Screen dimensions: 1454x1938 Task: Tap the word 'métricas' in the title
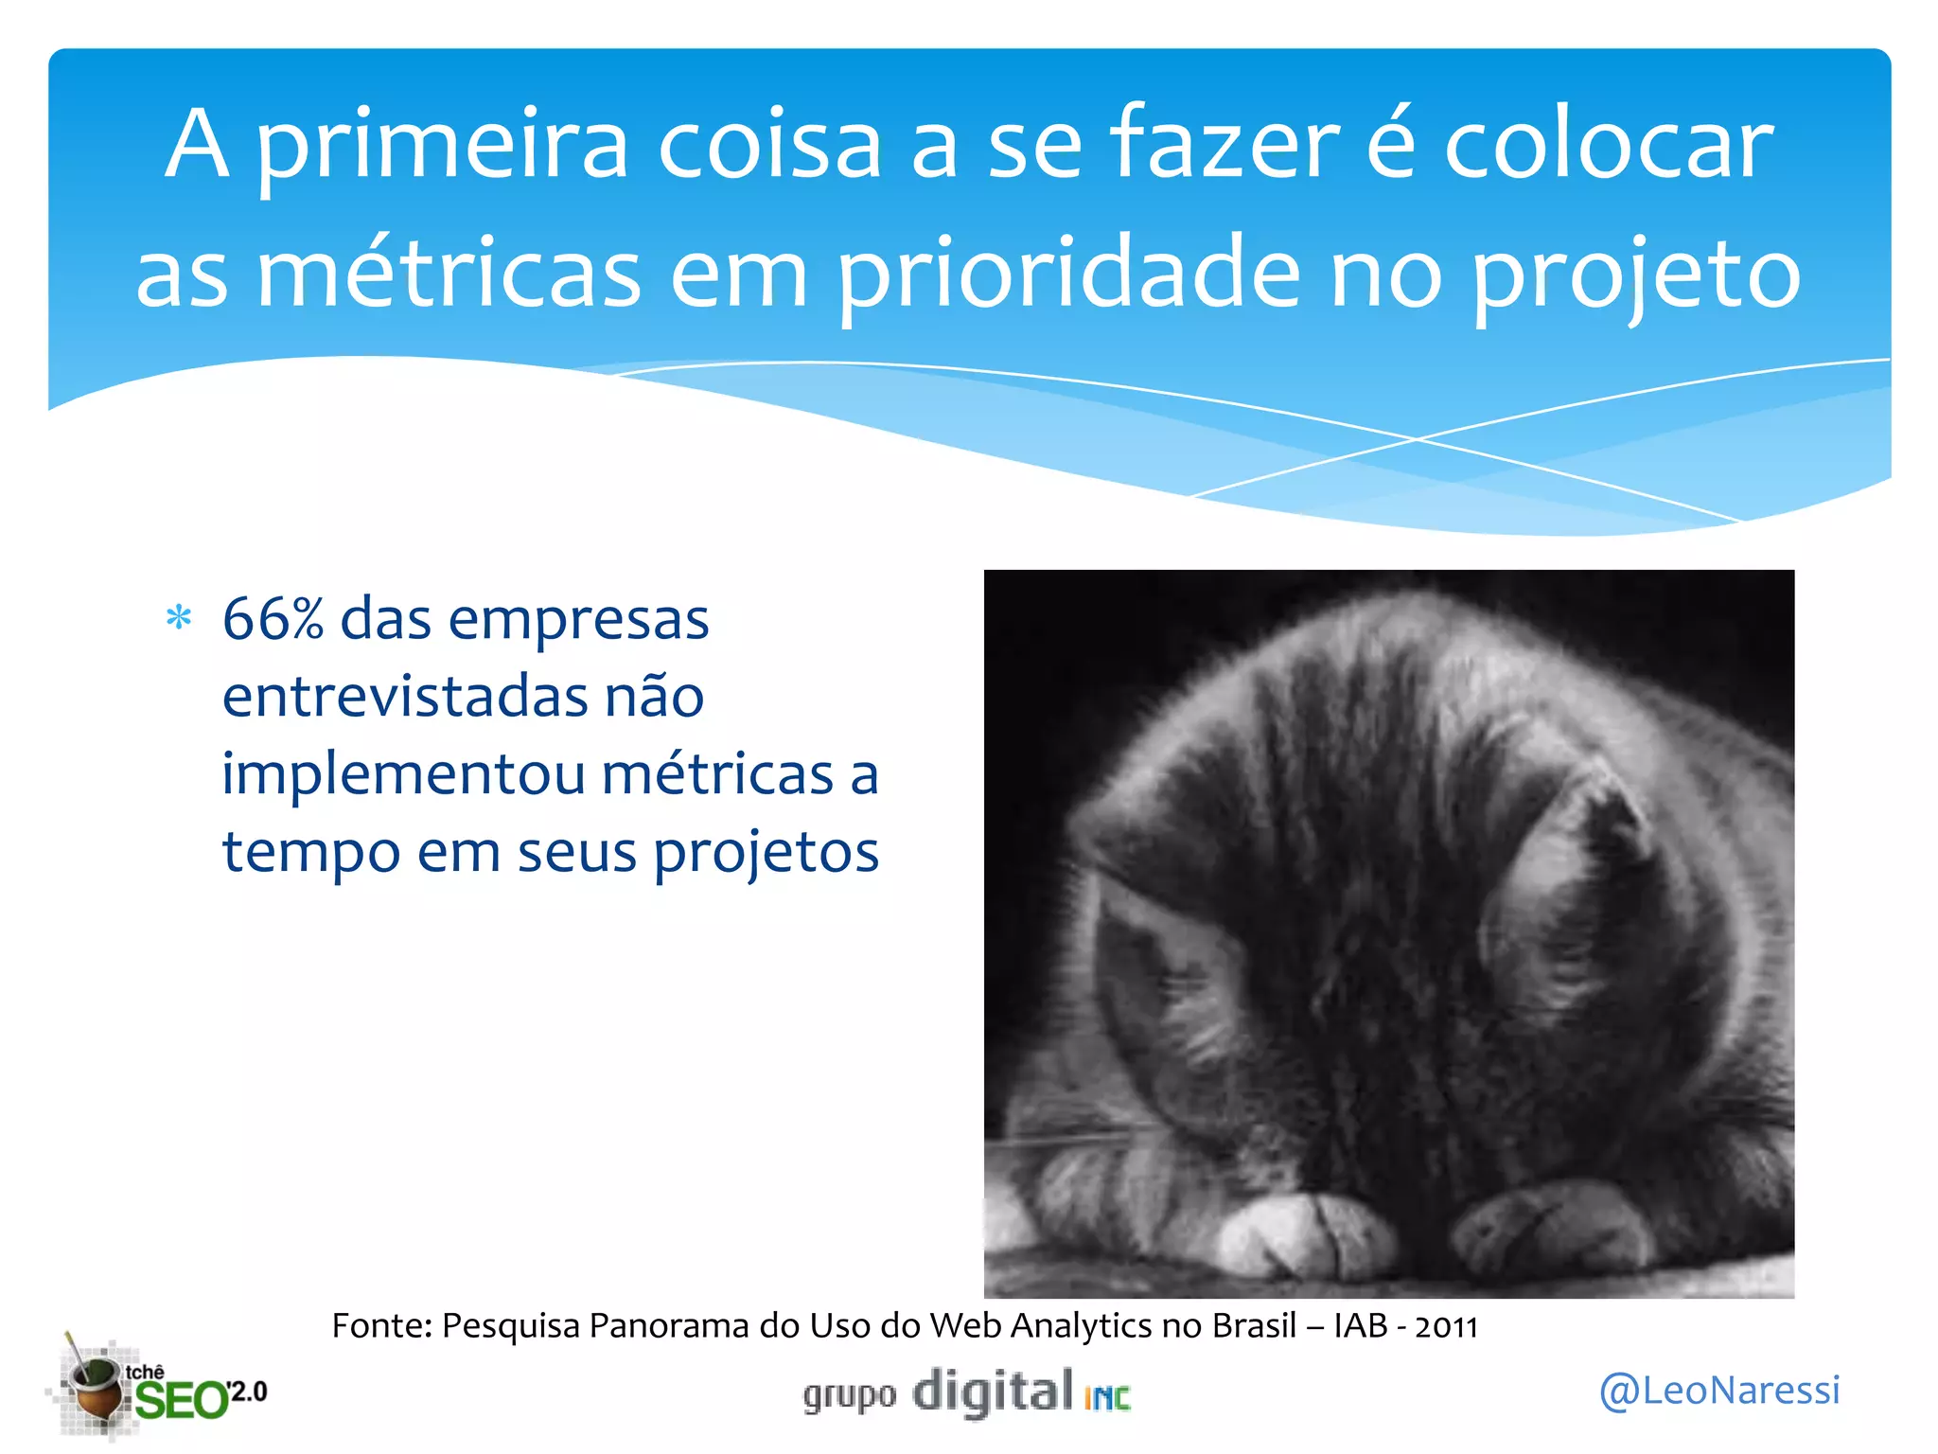point(449,275)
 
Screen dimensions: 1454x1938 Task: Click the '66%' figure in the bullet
point(273,620)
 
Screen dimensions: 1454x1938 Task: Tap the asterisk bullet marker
point(179,619)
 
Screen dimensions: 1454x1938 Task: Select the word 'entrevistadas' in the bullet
point(404,698)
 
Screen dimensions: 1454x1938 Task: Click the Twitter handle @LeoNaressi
point(1719,1391)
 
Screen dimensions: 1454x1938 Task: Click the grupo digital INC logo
point(967,1392)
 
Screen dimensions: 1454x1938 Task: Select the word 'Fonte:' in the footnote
point(382,1326)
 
